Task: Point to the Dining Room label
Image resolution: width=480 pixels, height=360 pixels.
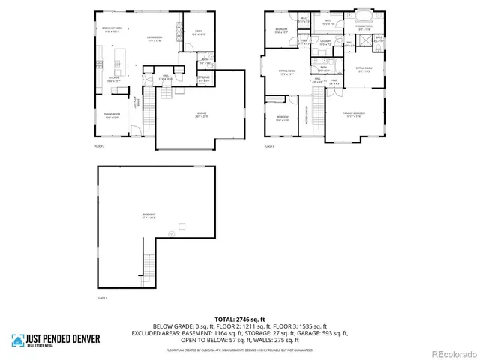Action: coord(112,117)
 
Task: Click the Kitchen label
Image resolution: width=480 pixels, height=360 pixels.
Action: coord(112,79)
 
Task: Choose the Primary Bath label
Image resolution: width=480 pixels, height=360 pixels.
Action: coord(364,29)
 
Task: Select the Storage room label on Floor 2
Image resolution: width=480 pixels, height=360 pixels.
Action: coord(204,78)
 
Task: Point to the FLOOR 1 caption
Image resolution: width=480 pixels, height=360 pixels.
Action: coord(102,298)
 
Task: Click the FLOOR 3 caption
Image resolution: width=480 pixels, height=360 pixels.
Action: coord(269,147)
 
